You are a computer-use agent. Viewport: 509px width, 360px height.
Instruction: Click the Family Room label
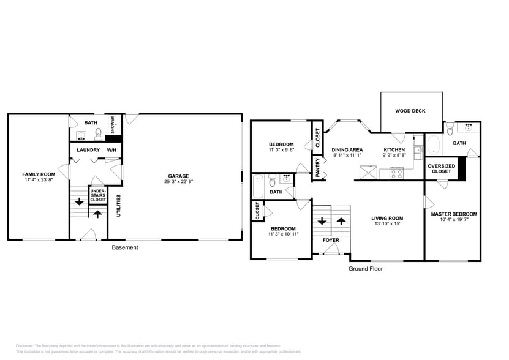click(39, 174)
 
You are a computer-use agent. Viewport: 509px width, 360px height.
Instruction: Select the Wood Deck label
click(410, 111)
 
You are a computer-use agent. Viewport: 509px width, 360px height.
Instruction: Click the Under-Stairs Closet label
click(98, 195)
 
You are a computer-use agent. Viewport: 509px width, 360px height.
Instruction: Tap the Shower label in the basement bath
click(112, 124)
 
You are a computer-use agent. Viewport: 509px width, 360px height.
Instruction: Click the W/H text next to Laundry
click(112, 149)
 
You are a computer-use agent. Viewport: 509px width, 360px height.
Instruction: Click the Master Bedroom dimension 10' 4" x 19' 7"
click(453, 220)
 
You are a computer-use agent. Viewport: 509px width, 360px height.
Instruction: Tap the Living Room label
click(387, 218)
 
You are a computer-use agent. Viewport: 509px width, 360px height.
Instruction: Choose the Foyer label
click(331, 240)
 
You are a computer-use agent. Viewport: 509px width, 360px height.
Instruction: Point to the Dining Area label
click(347, 149)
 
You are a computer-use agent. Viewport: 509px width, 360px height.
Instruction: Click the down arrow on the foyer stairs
click(322, 221)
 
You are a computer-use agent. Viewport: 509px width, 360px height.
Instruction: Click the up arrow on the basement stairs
click(96, 214)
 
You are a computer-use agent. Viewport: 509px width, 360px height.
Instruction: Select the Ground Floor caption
click(366, 268)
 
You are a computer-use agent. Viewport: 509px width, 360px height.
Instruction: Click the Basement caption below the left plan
click(125, 247)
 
